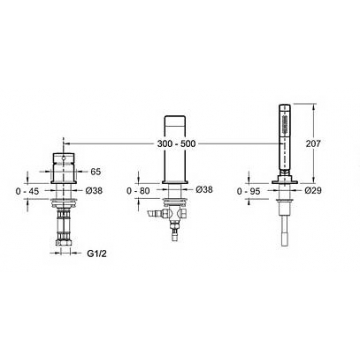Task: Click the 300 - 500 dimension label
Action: coord(177,144)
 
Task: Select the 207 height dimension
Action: coord(313,144)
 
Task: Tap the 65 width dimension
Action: coord(95,172)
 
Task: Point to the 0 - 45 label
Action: coord(27,191)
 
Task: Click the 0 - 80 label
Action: coord(138,191)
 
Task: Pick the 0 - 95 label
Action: coord(249,191)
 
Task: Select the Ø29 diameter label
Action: coord(313,191)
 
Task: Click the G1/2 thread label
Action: coord(97,254)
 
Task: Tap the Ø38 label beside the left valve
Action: coord(94,191)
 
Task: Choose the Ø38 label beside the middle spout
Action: coord(204,190)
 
